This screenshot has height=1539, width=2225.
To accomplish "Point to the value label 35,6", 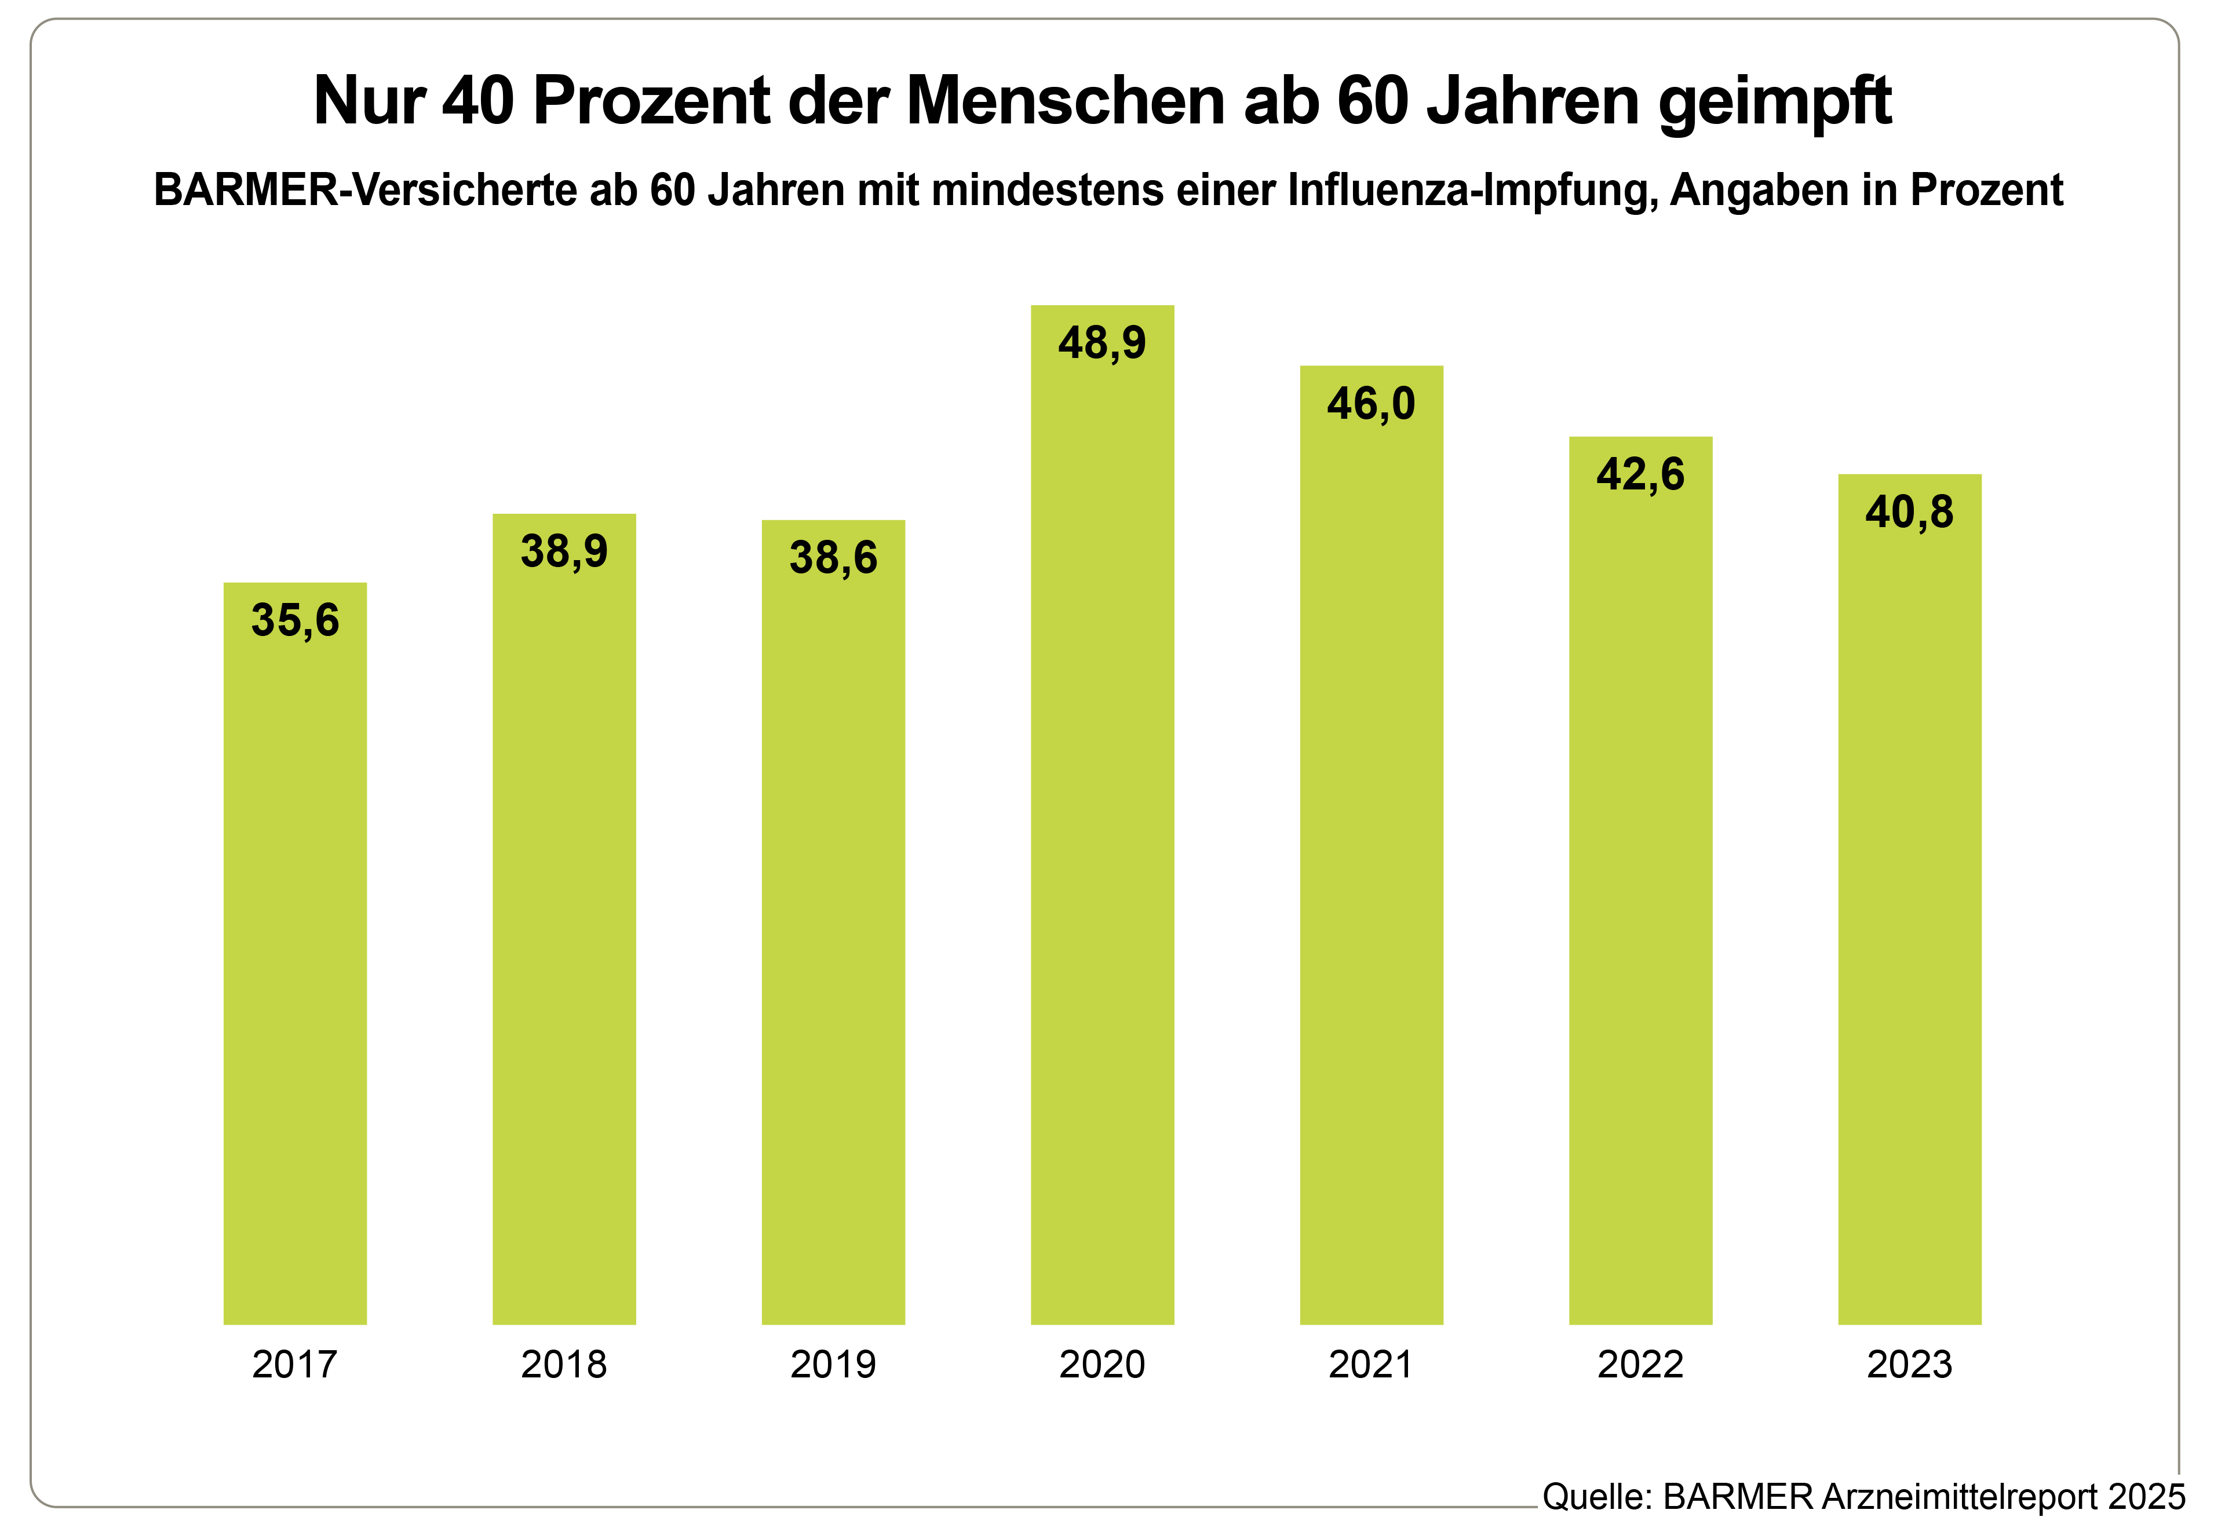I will pyautogui.click(x=295, y=620).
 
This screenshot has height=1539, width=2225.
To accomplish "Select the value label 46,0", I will pyautogui.click(x=1370, y=403).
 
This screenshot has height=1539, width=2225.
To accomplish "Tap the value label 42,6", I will pyautogui.click(x=1640, y=474).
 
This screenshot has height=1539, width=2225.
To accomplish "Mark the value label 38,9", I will pyautogui.click(x=564, y=551).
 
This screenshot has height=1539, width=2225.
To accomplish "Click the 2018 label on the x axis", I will pyautogui.click(x=564, y=1365).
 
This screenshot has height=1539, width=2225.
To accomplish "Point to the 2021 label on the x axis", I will pyautogui.click(x=1370, y=1365).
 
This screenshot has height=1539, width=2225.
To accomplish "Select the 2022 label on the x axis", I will pyautogui.click(x=1640, y=1365).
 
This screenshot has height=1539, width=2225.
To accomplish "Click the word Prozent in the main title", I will pyautogui.click(x=651, y=100).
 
